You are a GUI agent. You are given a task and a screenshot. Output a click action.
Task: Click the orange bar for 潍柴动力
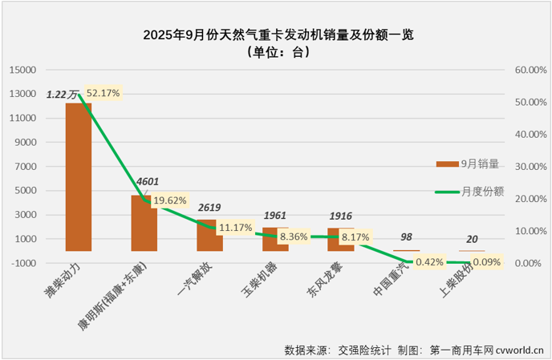pyautogui.click(x=79, y=176)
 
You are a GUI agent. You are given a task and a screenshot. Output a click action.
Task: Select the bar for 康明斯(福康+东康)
pyautogui.click(x=144, y=223)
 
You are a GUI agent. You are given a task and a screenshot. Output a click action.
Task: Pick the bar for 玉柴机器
pyautogui.click(x=276, y=239)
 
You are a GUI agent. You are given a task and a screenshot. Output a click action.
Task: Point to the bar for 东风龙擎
pyautogui.click(x=342, y=239)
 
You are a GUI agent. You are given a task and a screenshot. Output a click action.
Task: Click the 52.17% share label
pyautogui.click(x=103, y=94)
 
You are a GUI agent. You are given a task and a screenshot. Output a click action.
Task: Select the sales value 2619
pyautogui.click(x=210, y=208)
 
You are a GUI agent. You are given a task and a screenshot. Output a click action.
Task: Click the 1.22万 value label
pyautogui.click(x=63, y=95)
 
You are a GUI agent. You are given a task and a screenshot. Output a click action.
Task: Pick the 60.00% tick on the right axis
pyautogui.click(x=526, y=70)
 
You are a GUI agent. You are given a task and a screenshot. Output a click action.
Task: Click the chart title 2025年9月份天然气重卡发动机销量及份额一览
pyautogui.click(x=277, y=35)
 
